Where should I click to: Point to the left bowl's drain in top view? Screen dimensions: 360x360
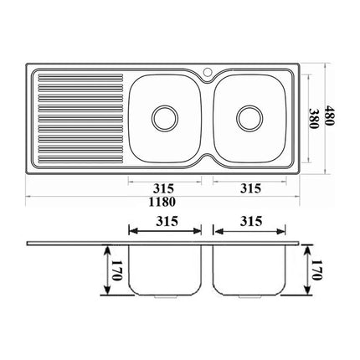tap(162, 116)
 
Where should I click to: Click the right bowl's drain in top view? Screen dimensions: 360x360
tap(249, 116)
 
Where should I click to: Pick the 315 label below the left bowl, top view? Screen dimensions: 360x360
tap(162, 188)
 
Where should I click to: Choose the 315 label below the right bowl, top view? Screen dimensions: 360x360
tap(249, 188)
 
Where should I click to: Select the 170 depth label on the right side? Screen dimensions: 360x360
tap(316, 271)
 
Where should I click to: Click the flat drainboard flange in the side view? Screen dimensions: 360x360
tap(75, 242)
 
